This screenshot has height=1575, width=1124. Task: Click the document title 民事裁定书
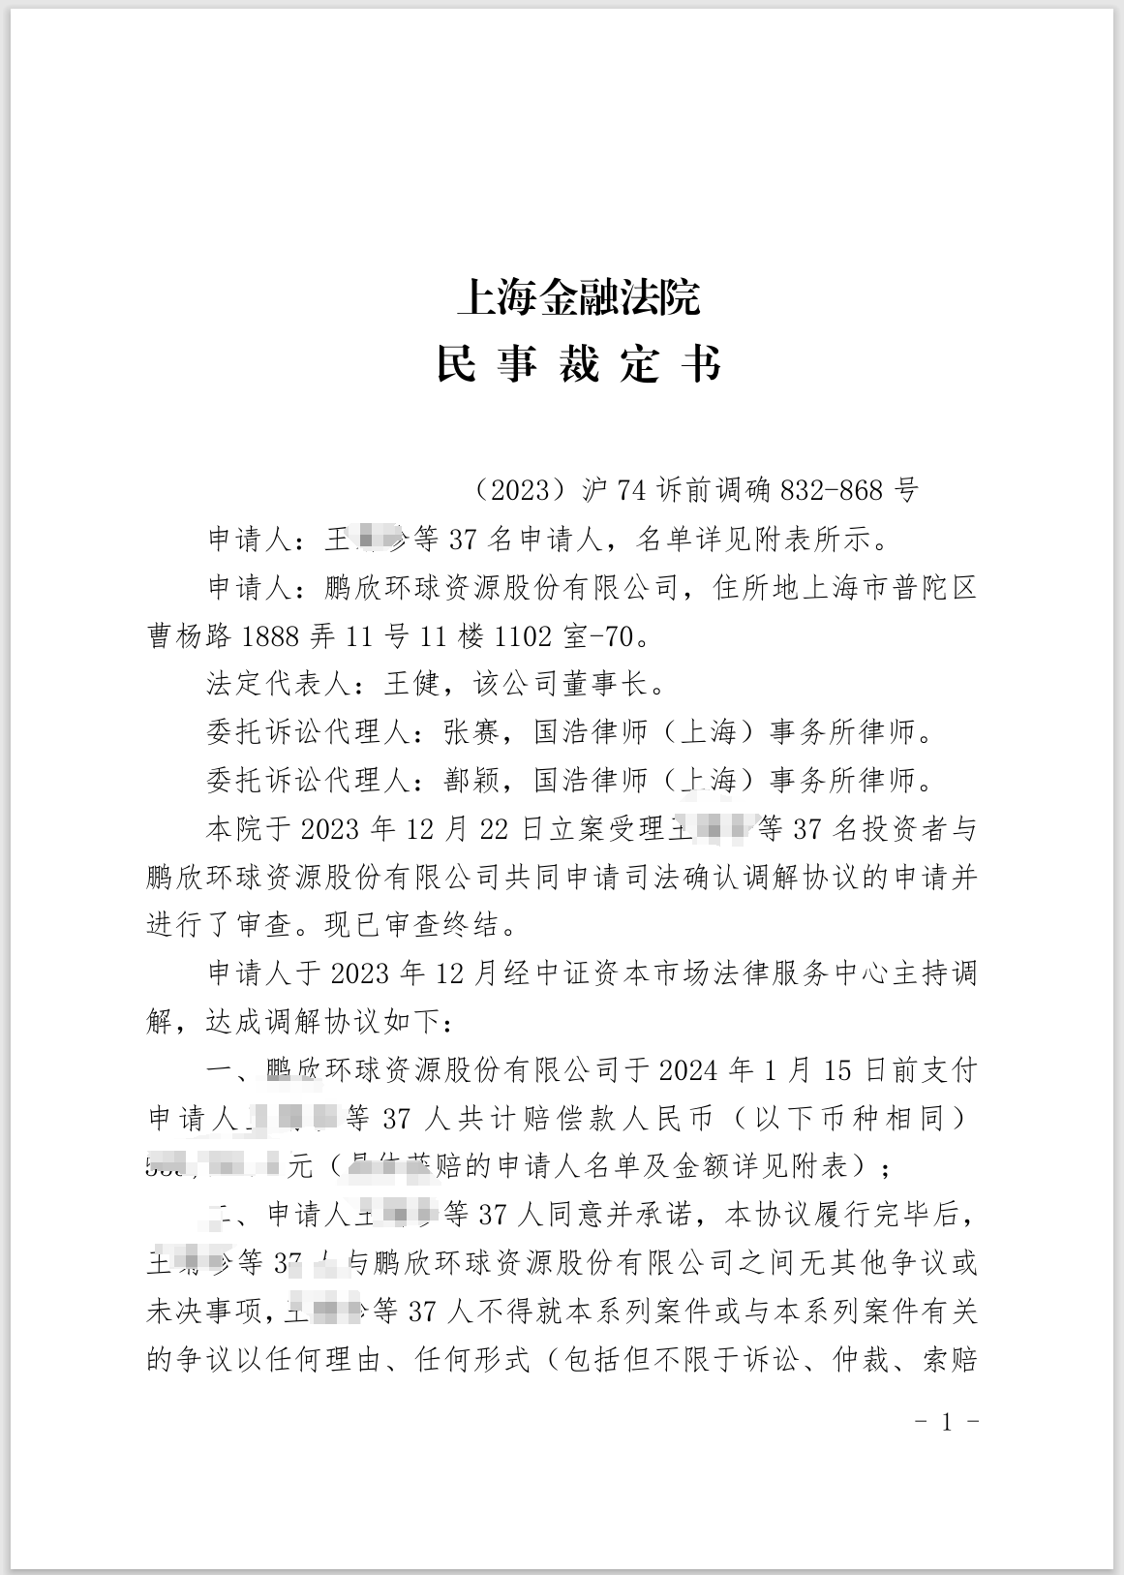pos(578,365)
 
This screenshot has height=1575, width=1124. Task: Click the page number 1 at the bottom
pos(948,1421)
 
